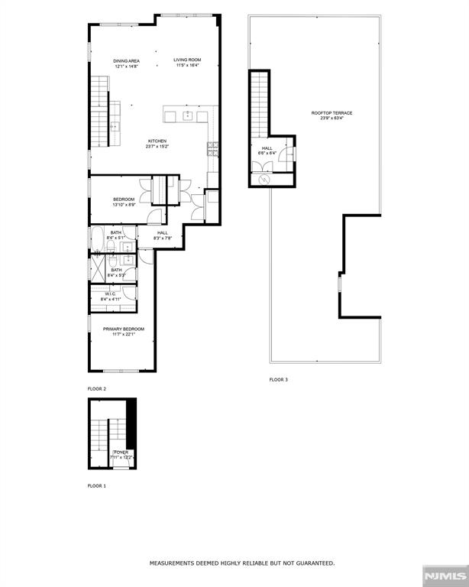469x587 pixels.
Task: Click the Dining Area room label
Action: coord(126,60)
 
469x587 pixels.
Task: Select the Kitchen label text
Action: coord(157,141)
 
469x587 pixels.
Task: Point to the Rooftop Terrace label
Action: coord(332,113)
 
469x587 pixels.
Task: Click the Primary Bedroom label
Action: coord(124,329)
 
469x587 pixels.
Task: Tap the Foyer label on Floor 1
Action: coord(121,452)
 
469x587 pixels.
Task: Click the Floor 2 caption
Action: coord(97,389)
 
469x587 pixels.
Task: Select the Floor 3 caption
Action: coord(278,380)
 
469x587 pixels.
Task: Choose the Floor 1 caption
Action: coord(97,486)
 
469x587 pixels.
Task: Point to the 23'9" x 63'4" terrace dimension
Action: coord(332,118)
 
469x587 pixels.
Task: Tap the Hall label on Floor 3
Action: coord(267,148)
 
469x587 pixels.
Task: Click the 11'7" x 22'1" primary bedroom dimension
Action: coord(124,334)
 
